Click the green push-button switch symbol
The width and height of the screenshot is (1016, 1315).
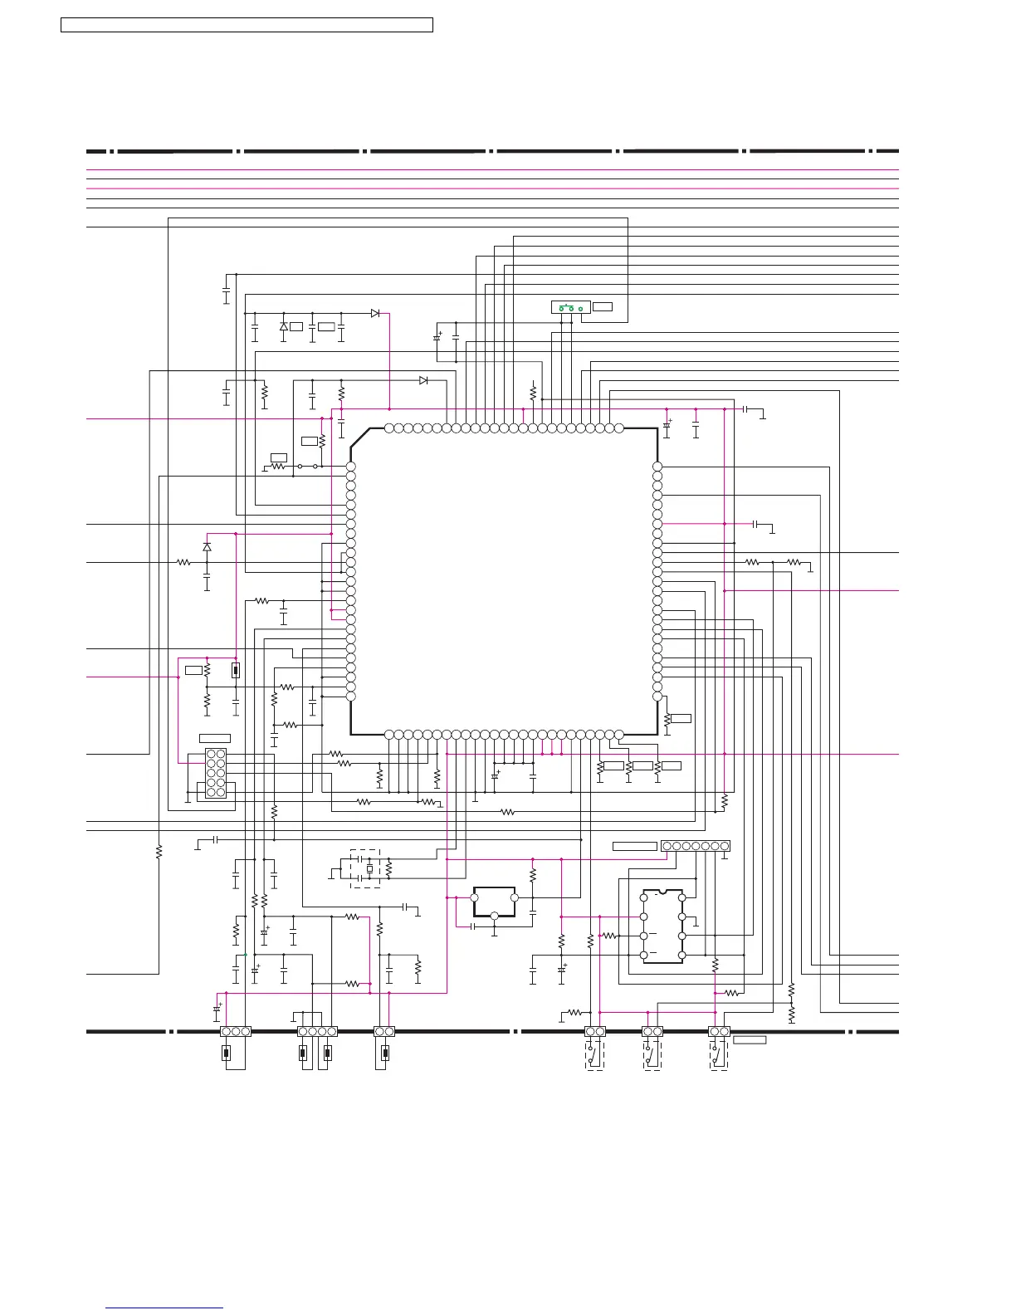click(570, 307)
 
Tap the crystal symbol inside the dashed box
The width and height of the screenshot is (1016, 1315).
click(369, 869)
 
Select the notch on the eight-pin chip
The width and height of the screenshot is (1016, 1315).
click(662, 891)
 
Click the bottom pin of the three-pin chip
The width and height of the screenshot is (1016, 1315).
click(494, 916)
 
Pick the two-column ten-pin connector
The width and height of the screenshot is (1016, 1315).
click(216, 773)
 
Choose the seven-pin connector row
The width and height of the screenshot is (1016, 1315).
click(696, 846)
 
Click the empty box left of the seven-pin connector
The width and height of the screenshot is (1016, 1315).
click(635, 846)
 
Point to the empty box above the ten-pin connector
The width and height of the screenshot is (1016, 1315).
click(215, 738)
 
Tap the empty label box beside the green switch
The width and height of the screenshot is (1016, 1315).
click(603, 307)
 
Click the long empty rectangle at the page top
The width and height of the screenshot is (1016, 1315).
click(247, 25)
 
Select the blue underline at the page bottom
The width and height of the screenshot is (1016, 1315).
click(164, 1308)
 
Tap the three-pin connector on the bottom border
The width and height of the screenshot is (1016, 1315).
click(236, 1031)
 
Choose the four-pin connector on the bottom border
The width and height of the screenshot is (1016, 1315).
click(317, 1031)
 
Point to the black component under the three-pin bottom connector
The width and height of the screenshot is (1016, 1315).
click(226, 1053)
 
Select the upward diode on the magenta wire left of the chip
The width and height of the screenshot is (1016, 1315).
click(207, 547)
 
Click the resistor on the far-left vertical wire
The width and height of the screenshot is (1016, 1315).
click(159, 851)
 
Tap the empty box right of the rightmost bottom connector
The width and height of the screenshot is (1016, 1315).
click(750, 1039)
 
